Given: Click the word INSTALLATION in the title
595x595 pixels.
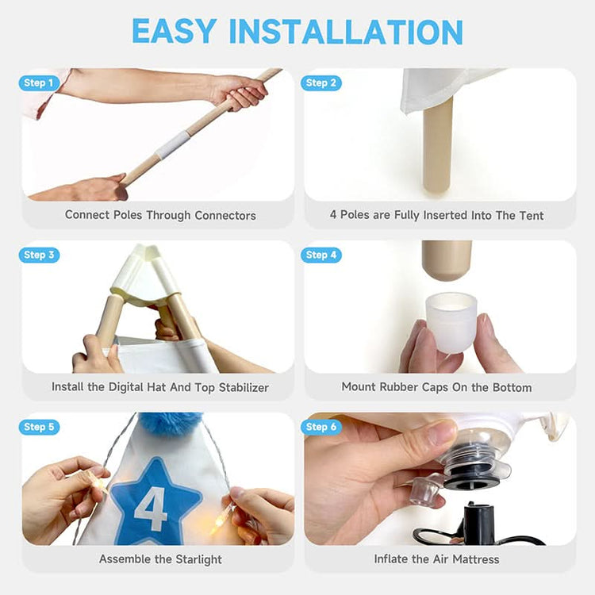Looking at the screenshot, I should pyautogui.click(x=346, y=31).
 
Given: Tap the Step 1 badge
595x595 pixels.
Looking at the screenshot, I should pyautogui.click(x=39, y=83).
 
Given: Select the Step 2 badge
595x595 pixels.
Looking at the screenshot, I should pyautogui.click(x=321, y=83).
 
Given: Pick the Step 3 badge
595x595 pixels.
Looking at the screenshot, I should pyautogui.click(x=39, y=255).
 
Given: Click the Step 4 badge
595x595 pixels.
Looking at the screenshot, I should pyautogui.click(x=321, y=255).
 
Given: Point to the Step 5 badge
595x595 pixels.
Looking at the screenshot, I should pyautogui.click(x=39, y=427).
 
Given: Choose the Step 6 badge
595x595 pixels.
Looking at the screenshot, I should pyautogui.click(x=321, y=427).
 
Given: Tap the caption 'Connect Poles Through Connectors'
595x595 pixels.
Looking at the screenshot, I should pyautogui.click(x=160, y=215).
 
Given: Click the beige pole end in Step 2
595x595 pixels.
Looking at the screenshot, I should pyautogui.click(x=438, y=147).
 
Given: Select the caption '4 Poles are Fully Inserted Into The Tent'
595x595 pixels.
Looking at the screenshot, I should pyautogui.click(x=436, y=215).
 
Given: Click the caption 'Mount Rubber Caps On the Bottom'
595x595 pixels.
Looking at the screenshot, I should pyautogui.click(x=436, y=387).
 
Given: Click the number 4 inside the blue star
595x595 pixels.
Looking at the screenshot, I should pyautogui.click(x=150, y=508).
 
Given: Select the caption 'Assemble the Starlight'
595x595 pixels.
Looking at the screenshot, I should pyautogui.click(x=160, y=559).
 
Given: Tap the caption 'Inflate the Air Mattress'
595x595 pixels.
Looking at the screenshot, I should pyautogui.click(x=436, y=559).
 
